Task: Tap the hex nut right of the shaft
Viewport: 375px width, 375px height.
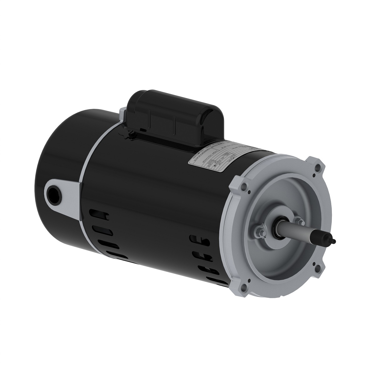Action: point(298,221)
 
